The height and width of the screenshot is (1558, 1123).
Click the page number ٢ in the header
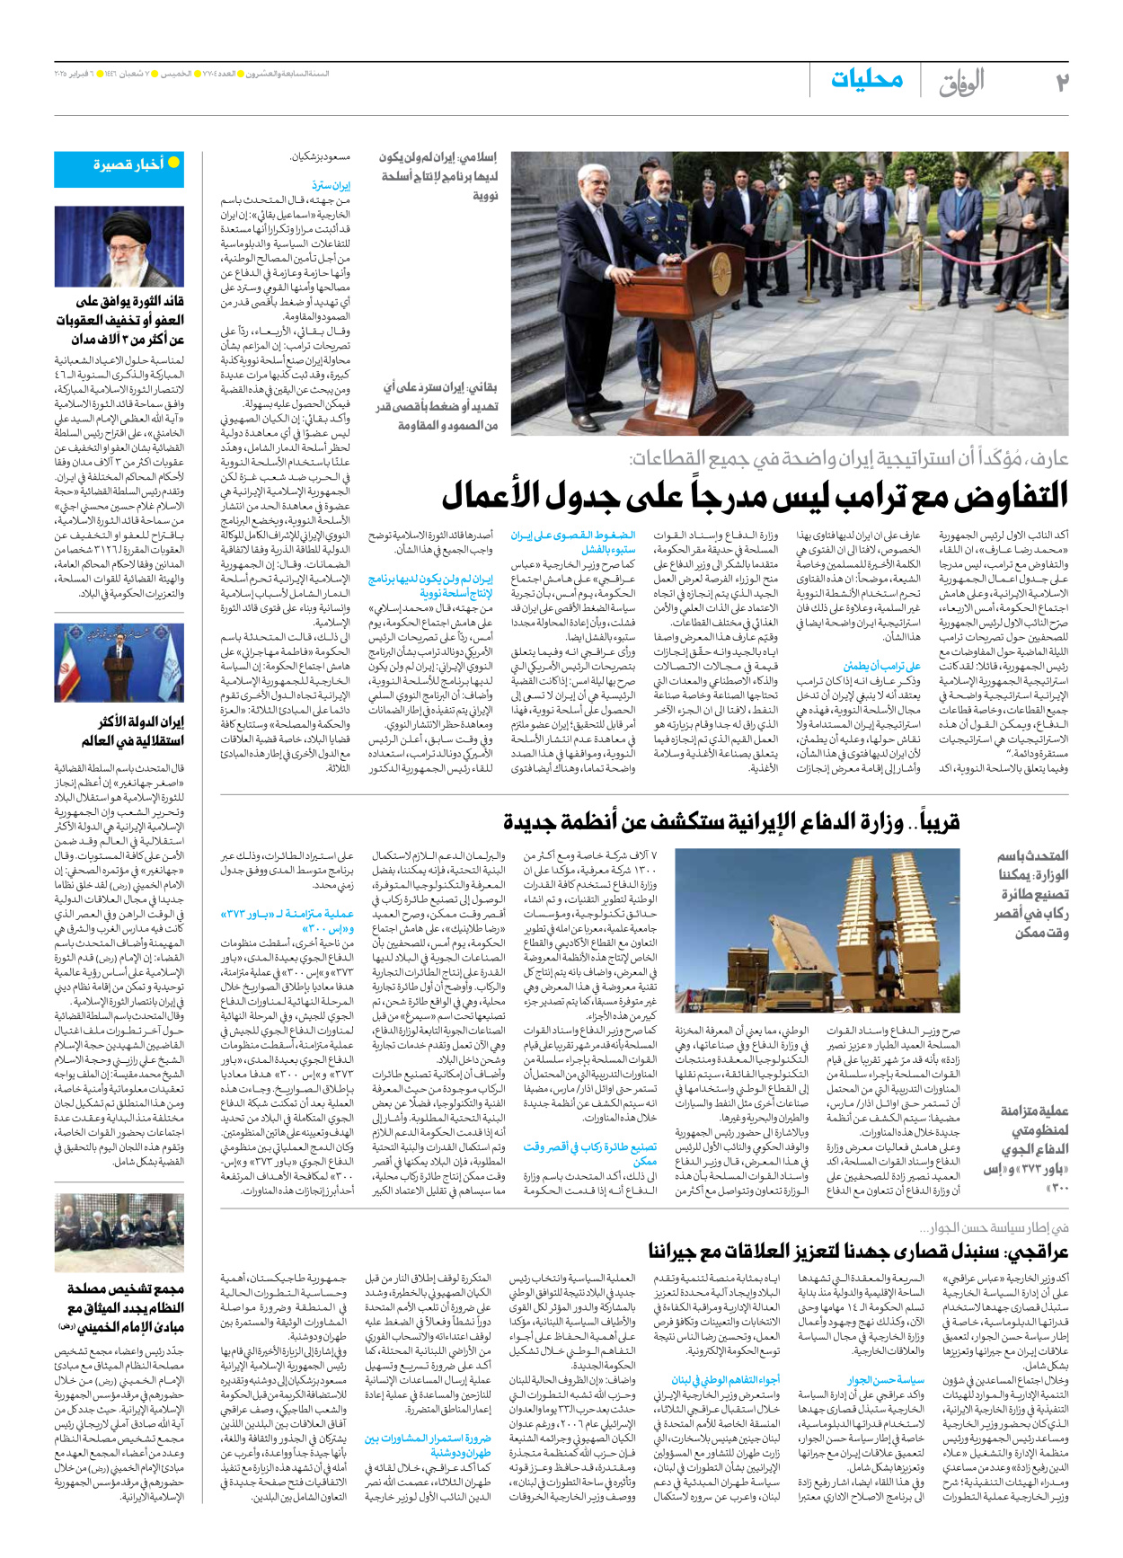[1062, 82]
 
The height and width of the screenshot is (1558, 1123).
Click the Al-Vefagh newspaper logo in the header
[960, 83]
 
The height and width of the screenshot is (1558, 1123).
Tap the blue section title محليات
[866, 80]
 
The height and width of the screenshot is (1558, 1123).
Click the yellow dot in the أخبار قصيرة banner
[173, 163]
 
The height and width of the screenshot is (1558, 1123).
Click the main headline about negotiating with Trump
[755, 495]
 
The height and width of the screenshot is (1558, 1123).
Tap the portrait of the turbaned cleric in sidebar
[119, 246]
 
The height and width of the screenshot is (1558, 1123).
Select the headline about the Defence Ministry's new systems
[731, 821]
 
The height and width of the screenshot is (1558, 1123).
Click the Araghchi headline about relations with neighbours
[858, 1252]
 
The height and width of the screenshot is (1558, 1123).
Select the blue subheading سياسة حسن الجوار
[885, 1379]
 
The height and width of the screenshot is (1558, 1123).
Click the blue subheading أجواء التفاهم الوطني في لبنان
[725, 1379]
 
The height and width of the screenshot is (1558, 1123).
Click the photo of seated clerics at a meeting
[119, 1232]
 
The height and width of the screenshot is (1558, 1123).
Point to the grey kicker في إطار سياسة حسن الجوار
[994, 1227]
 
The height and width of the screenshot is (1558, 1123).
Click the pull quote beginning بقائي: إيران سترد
[440, 406]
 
